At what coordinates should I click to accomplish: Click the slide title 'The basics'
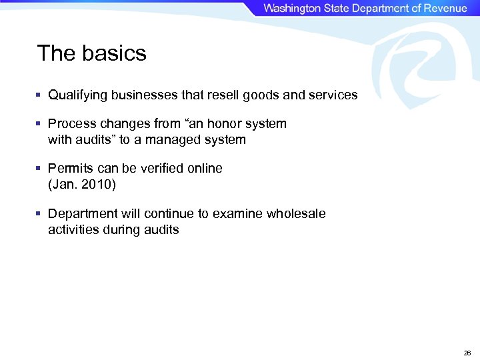[x=91, y=53]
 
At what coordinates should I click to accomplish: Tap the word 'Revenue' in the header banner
[x=443, y=8]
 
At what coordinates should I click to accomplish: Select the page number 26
[x=467, y=353]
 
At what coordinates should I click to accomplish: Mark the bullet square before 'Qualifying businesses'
[x=39, y=95]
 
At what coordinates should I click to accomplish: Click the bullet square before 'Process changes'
[x=39, y=124]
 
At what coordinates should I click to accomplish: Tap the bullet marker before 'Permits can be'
[x=39, y=169]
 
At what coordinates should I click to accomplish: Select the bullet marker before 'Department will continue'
[x=39, y=214]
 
